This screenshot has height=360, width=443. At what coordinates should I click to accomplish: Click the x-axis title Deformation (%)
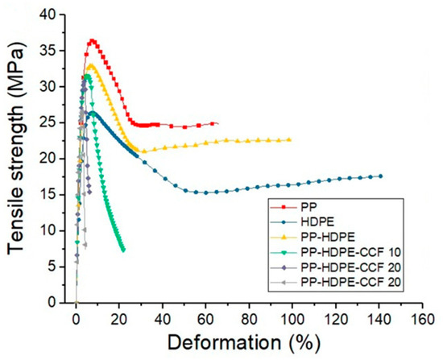click(244, 343)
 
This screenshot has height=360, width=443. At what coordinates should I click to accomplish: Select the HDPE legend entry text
click(318, 222)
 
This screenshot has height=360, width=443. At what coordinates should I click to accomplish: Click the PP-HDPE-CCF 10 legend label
click(351, 252)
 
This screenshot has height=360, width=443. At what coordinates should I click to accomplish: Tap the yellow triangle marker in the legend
click(284, 238)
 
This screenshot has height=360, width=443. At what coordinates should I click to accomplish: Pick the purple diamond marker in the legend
click(284, 267)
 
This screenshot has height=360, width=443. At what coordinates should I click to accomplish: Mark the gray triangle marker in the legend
click(284, 283)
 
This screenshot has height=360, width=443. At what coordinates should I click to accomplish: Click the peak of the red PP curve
click(92, 41)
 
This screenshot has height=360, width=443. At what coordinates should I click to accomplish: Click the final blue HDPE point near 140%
click(380, 176)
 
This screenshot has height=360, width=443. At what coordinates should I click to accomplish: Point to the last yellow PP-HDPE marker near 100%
click(288, 139)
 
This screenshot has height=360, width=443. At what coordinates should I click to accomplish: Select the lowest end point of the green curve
click(123, 250)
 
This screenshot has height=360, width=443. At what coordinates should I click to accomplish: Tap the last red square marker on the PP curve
click(212, 124)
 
